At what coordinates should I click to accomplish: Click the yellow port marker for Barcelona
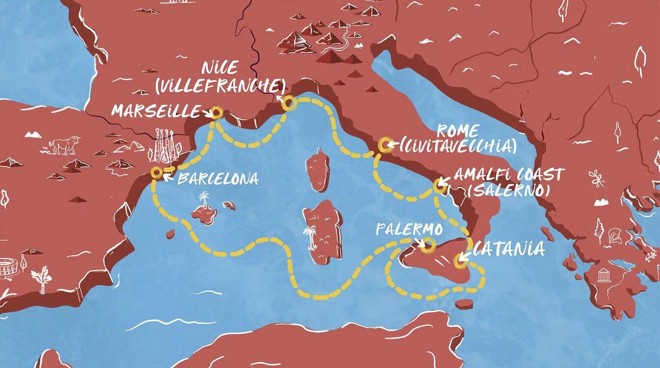click(157, 172)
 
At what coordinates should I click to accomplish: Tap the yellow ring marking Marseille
click(217, 113)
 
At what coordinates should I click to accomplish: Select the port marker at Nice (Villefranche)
click(288, 103)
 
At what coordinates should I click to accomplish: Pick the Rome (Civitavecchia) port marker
click(385, 145)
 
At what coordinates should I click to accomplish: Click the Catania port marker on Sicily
click(461, 261)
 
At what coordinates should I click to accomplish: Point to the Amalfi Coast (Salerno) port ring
click(440, 186)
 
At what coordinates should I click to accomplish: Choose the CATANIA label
click(509, 249)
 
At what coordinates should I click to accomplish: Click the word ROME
click(457, 131)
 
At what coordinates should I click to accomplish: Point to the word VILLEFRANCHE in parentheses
click(220, 86)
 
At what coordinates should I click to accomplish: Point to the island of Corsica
click(318, 170)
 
